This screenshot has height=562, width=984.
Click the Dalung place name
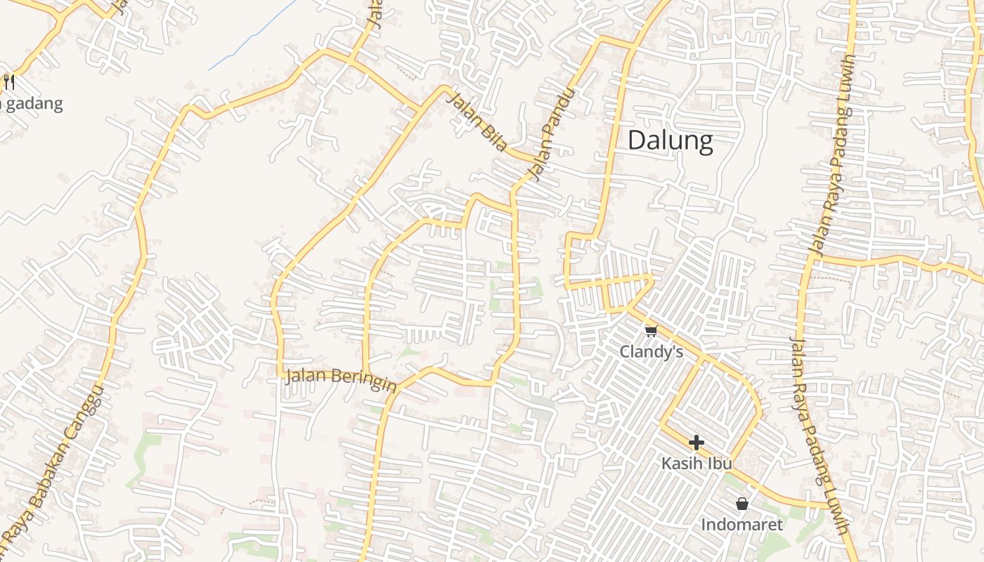click(x=670, y=140)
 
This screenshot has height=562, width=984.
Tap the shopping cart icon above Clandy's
click(x=651, y=331)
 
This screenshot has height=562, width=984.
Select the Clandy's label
click(x=651, y=351)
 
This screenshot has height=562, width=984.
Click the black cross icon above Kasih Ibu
click(x=697, y=443)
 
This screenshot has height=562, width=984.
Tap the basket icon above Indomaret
click(x=742, y=504)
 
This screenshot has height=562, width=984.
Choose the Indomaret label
click(x=742, y=525)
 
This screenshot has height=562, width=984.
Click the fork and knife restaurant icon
click(x=9, y=82)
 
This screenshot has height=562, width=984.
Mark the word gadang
click(x=35, y=104)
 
